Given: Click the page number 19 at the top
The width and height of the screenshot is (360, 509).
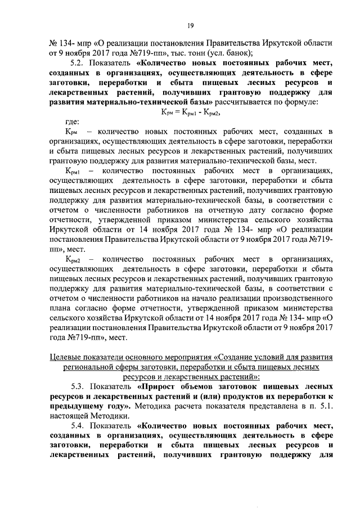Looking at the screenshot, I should pyautogui.click(x=191, y=25).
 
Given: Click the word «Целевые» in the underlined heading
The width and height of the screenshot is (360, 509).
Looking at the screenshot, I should pyautogui.click(x=65, y=357).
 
